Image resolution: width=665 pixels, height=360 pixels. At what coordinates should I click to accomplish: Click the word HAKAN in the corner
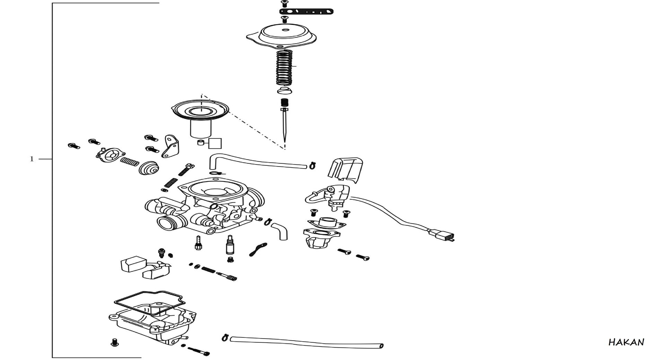click(x=626, y=342)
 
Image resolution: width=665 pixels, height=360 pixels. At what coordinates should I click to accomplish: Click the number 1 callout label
click(x=32, y=159)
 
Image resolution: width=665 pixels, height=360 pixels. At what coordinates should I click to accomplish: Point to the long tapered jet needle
click(x=285, y=125)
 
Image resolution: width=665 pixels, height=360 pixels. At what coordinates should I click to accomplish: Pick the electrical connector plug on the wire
click(x=442, y=235)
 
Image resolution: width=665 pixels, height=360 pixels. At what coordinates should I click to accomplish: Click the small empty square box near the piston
click(x=215, y=143)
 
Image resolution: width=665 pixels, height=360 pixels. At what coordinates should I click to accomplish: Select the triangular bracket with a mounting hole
click(x=171, y=146)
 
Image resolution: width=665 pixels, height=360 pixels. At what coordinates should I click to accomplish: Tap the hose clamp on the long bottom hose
click(x=225, y=337)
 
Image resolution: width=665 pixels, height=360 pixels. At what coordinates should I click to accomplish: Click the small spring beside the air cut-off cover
click(x=130, y=161)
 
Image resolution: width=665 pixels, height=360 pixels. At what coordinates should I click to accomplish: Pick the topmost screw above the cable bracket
click(x=284, y=4)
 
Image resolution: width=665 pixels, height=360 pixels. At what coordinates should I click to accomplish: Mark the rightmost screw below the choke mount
click(x=362, y=257)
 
